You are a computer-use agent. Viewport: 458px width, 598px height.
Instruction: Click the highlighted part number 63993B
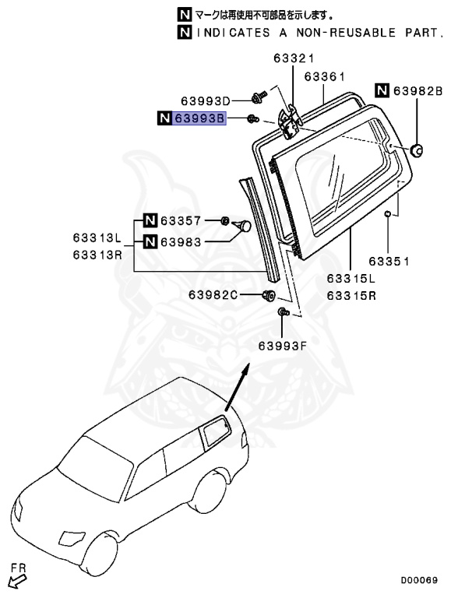199,118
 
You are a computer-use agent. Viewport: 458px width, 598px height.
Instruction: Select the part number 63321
293,59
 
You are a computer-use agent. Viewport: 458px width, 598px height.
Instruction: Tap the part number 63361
324,77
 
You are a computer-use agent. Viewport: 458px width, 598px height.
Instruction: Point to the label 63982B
417,91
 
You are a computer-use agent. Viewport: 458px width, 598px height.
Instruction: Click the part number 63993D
206,101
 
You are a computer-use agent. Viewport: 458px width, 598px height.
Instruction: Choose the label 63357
181,221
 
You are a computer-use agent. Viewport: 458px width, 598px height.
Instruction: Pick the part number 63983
181,242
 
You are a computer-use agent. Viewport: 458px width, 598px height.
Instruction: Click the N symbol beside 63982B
382,91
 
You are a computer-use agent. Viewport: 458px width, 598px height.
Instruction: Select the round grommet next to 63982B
417,149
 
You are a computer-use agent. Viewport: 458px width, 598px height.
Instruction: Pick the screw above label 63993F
283,313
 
